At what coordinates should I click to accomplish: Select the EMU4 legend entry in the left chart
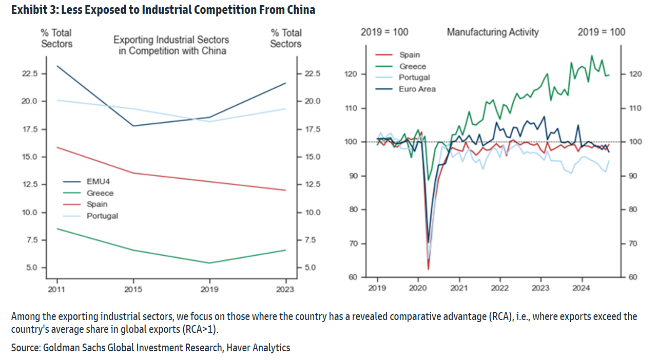(x=98, y=182)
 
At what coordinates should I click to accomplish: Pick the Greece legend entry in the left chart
(x=100, y=193)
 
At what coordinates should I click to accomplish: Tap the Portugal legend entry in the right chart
(x=414, y=78)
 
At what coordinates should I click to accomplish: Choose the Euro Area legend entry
(x=417, y=89)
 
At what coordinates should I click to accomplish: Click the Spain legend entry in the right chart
(x=410, y=55)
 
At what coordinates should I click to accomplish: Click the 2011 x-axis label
(x=57, y=290)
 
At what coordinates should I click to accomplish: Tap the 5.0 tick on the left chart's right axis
(x=310, y=268)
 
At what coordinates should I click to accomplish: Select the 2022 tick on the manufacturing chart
(x=499, y=288)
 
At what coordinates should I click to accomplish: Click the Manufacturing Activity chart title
(x=493, y=32)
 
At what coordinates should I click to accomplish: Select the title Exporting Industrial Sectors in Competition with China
(x=171, y=45)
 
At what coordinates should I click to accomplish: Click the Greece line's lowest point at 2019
(x=209, y=263)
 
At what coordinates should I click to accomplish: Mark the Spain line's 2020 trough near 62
(x=428, y=269)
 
